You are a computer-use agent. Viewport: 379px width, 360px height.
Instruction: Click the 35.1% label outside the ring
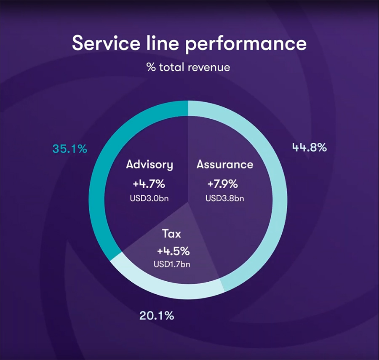[70, 149]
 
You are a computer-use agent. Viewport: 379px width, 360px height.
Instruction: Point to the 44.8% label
[310, 148]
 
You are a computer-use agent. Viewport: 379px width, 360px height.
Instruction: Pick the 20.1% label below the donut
[156, 315]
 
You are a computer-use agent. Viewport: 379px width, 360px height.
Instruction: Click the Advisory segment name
[149, 165]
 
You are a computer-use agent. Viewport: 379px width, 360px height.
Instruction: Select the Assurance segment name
[225, 164]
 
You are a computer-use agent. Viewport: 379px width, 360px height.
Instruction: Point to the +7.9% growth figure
[222, 184]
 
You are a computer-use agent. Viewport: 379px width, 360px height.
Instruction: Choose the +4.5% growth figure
[173, 251]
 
